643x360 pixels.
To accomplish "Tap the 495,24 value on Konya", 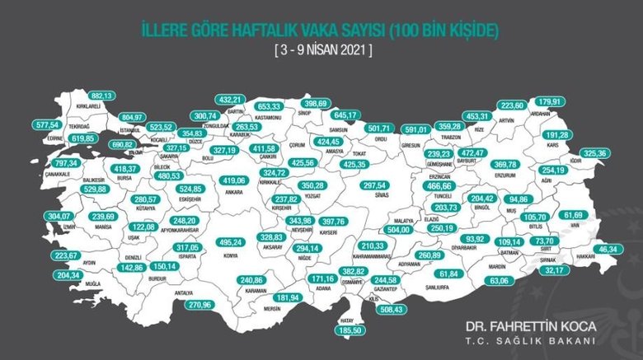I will click(206, 243).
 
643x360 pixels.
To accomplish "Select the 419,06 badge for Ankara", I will click(235, 180).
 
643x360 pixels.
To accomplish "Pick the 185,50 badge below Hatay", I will click(350, 330).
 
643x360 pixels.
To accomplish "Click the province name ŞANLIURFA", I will click(452, 288).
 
